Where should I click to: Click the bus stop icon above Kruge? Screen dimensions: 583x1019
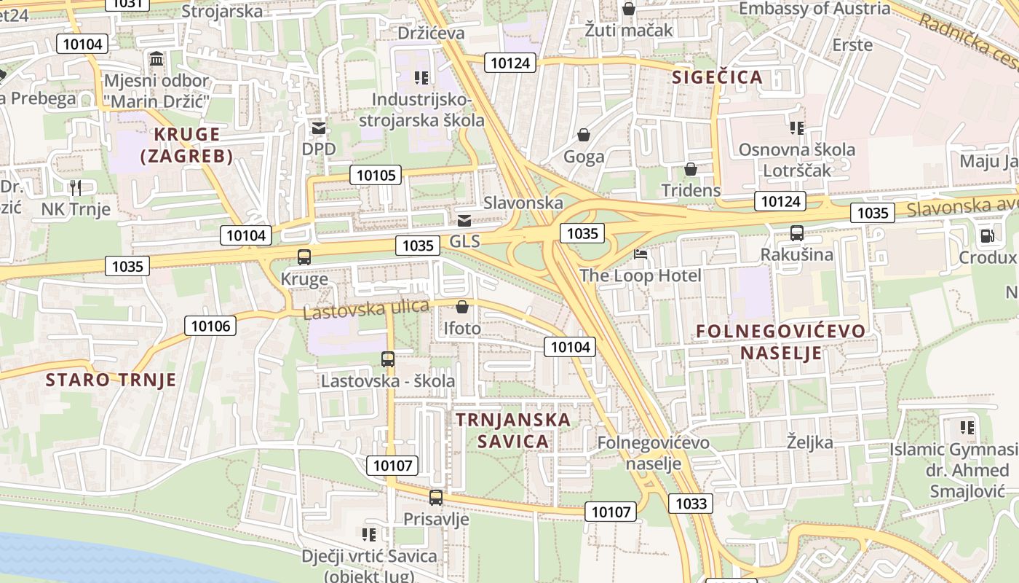click(x=304, y=257)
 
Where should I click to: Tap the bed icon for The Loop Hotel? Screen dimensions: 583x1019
click(x=641, y=254)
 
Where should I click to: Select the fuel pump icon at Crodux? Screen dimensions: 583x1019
click(x=987, y=235)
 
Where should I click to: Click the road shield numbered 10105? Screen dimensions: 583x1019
click(x=376, y=175)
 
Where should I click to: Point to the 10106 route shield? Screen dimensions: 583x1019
click(x=211, y=326)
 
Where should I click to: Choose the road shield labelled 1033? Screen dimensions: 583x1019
click(x=691, y=504)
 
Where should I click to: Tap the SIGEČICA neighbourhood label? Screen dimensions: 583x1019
click(x=717, y=77)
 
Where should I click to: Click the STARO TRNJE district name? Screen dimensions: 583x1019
click(x=111, y=380)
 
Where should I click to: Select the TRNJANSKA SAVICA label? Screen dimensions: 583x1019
click(x=513, y=430)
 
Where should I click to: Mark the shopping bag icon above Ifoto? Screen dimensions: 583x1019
click(x=462, y=307)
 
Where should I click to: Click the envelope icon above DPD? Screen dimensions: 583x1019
click(x=319, y=128)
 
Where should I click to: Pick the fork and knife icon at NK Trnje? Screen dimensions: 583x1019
click(x=76, y=187)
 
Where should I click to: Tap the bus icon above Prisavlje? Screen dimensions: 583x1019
click(x=436, y=498)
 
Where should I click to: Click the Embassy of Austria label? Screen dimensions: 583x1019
click(x=814, y=9)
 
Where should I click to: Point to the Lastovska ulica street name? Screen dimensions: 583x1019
click(x=365, y=309)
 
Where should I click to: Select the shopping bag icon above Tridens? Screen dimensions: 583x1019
click(x=690, y=169)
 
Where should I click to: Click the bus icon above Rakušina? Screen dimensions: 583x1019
click(x=797, y=233)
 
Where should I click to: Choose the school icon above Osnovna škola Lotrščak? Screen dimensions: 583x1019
click(x=797, y=128)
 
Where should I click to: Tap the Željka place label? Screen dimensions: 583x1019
click(x=809, y=442)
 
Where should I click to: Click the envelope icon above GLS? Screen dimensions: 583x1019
click(x=464, y=220)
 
